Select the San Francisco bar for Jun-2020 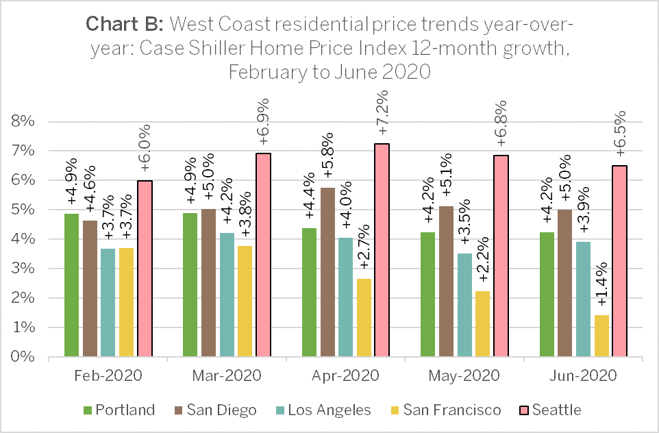point(601,336)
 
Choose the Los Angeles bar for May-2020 point(464,305)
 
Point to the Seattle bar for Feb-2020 point(145,269)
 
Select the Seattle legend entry point(551,410)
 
